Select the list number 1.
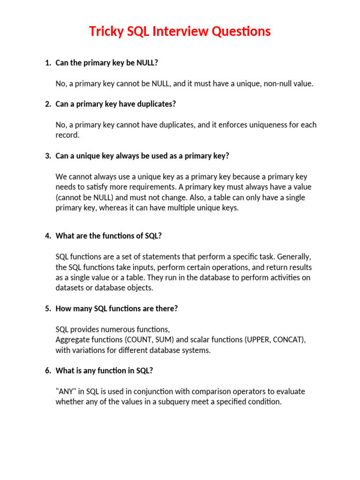(48, 63)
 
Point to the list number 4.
(48, 236)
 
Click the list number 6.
(48, 371)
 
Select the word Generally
(293, 257)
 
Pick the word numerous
(123, 330)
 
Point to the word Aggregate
(74, 340)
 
